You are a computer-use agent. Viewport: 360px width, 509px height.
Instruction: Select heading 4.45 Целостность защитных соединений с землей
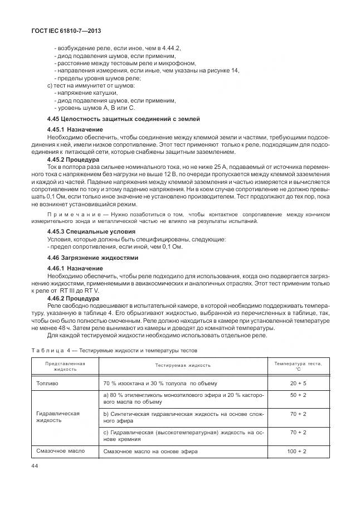[123, 119]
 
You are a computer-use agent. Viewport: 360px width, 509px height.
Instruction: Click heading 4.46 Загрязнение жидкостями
[92, 258]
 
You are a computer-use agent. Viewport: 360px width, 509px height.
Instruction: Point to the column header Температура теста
[298, 366]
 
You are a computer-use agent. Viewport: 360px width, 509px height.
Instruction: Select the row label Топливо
[47, 384]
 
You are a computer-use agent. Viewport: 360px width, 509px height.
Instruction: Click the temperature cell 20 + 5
[298, 384]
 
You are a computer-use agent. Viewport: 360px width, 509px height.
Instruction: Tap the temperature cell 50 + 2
[298, 395]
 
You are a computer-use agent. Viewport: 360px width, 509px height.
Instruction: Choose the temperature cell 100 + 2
[298, 451]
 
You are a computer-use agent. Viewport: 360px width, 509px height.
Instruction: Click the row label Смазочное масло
[60, 451]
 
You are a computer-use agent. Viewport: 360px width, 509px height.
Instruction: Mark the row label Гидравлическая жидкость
[58, 417]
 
